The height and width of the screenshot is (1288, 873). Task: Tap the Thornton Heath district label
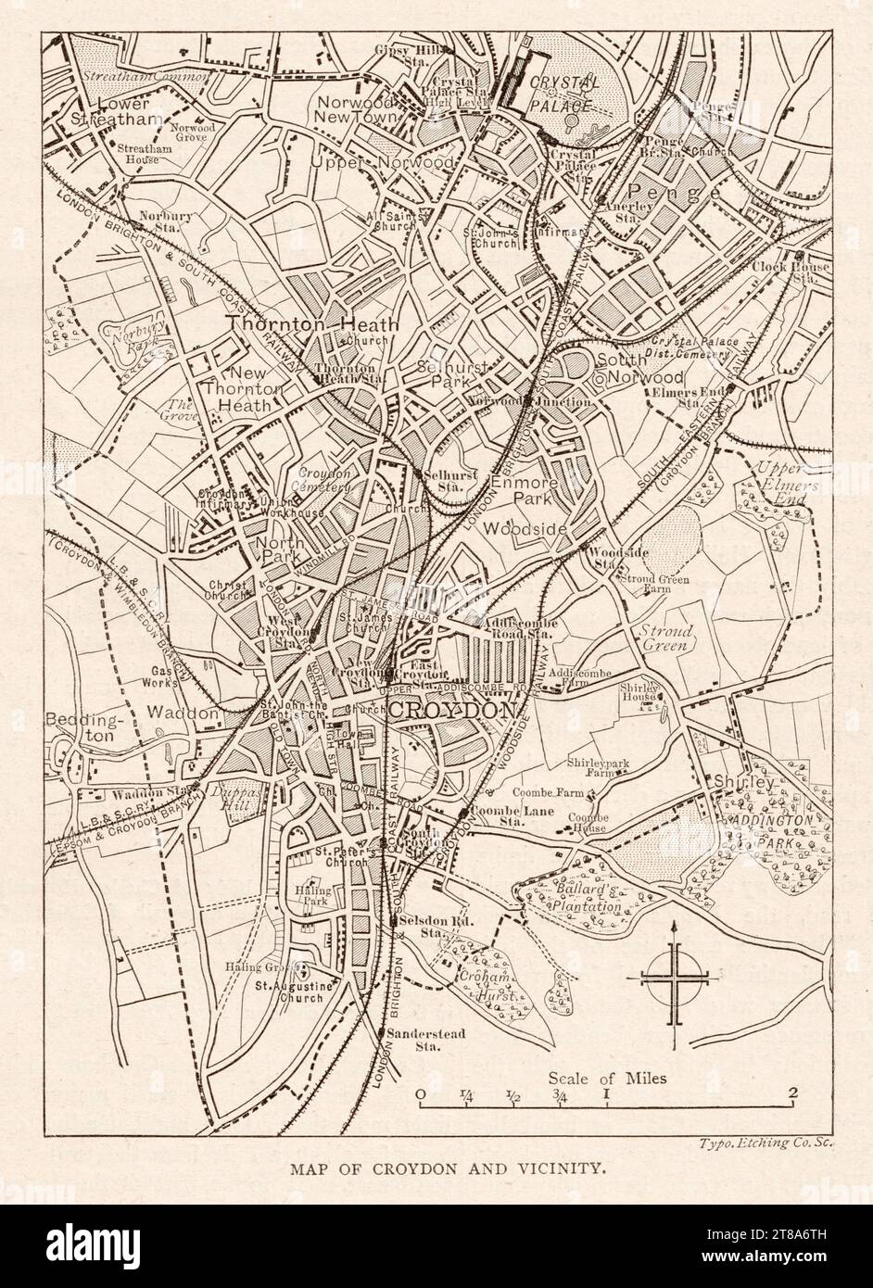pyautogui.click(x=313, y=324)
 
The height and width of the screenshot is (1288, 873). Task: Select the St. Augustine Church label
pyautogui.click(x=291, y=994)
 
